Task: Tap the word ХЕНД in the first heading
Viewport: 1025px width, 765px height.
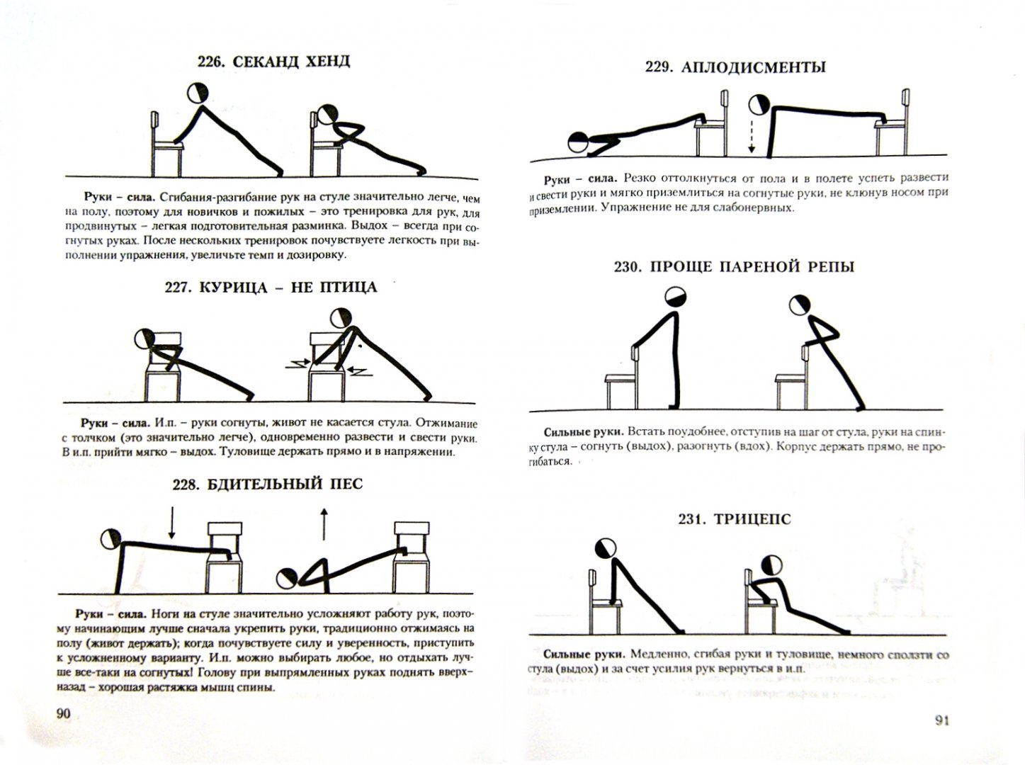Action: point(327,62)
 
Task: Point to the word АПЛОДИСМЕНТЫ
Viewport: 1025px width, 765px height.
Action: point(754,68)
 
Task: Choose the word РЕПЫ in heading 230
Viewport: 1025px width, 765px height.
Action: point(831,266)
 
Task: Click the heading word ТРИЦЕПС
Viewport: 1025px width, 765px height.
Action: point(753,519)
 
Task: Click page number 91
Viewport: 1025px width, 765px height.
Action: point(942,721)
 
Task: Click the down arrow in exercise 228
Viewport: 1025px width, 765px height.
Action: point(171,523)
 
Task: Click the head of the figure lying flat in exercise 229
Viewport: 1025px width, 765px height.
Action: point(579,142)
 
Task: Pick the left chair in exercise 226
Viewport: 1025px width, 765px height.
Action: point(166,144)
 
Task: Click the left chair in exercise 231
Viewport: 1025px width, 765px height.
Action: point(605,601)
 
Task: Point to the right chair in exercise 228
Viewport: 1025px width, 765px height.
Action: point(412,557)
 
